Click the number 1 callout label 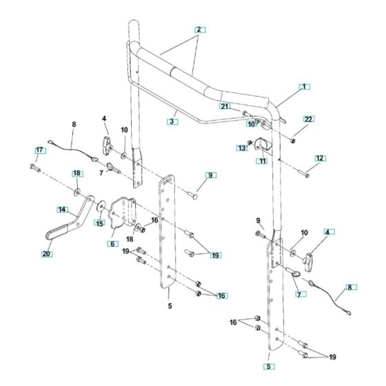303,87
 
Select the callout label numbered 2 199,30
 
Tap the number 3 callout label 172,121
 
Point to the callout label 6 112,243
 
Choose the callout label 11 262,161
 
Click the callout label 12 318,158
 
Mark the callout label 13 242,148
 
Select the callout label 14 61,209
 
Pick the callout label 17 39,150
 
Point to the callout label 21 224,106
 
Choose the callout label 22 308,119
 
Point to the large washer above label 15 101,205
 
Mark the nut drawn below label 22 292,140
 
